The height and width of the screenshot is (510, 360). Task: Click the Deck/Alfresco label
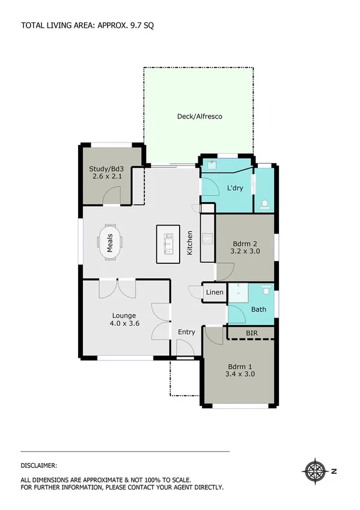(x=200, y=116)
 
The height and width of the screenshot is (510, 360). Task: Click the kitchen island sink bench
(x=168, y=244)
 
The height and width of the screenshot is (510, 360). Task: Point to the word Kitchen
(x=189, y=242)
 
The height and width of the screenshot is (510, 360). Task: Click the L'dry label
(x=234, y=188)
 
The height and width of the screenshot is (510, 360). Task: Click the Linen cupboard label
(x=215, y=293)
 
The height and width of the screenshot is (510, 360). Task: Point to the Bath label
(x=258, y=310)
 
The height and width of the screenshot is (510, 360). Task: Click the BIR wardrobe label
(x=251, y=332)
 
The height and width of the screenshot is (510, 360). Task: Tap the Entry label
(x=186, y=332)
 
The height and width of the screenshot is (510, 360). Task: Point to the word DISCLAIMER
(x=39, y=465)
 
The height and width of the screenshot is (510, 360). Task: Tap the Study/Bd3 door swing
(x=112, y=195)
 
